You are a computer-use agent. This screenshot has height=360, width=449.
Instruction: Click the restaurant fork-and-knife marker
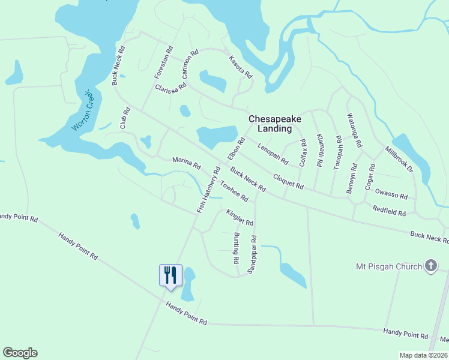170,275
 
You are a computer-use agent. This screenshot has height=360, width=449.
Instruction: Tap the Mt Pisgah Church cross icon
430,266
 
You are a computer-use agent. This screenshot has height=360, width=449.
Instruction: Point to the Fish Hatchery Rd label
209,190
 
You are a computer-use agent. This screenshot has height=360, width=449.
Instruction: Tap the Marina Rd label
186,162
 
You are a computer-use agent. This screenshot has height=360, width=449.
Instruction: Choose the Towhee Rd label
234,191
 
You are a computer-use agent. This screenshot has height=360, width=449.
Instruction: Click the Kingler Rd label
240,217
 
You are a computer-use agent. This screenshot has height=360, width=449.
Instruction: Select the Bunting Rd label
236,249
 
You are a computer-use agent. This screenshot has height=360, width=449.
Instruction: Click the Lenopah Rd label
273,154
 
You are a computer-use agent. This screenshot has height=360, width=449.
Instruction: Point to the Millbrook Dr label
400,160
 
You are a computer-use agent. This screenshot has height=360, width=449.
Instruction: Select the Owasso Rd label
391,194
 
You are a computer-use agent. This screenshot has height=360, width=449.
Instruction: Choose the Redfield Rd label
389,210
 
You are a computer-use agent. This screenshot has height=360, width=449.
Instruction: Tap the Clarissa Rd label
170,88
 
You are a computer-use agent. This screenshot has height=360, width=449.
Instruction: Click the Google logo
20,353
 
